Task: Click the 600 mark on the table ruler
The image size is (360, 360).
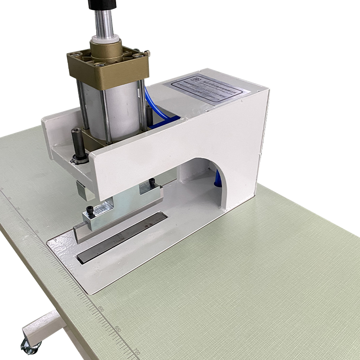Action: pos(101,309)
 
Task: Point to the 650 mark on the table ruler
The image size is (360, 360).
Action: pos(118,328)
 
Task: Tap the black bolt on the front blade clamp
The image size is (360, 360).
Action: pos(90,210)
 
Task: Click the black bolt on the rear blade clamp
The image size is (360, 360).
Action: pos(152,182)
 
